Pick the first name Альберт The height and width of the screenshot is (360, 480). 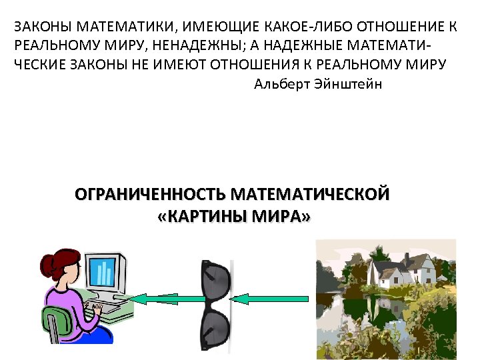(x=278, y=85)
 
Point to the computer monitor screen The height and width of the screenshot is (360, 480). (x=104, y=271)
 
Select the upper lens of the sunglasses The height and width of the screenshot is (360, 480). (x=215, y=280)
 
